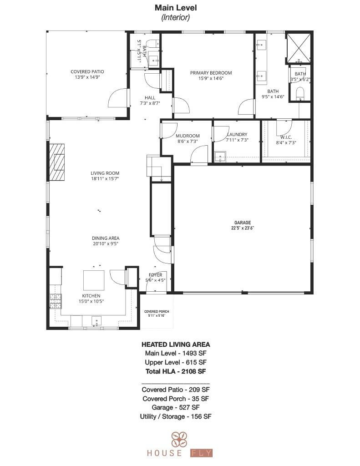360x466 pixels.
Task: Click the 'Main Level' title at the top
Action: coord(176,8)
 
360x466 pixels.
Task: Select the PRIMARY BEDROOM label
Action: coord(211,73)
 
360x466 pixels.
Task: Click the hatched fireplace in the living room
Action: coord(57,162)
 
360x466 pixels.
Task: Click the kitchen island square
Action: coord(93,280)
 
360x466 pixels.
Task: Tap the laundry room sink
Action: coord(221,157)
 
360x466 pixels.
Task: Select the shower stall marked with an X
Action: coord(299,47)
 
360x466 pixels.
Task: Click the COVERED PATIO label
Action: coord(87,72)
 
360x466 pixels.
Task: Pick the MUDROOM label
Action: coord(188,136)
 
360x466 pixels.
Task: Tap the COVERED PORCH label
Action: coord(157,312)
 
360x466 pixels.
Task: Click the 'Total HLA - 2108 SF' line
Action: coord(176,371)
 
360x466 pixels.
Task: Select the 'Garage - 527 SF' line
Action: coord(176,407)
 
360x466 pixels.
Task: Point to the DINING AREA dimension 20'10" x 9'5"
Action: coord(106,243)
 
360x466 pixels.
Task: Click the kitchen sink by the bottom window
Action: coord(96,322)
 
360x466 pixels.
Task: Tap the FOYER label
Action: coord(155,275)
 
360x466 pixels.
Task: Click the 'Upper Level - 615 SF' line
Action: coord(176,362)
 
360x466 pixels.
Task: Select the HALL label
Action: coord(150,98)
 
